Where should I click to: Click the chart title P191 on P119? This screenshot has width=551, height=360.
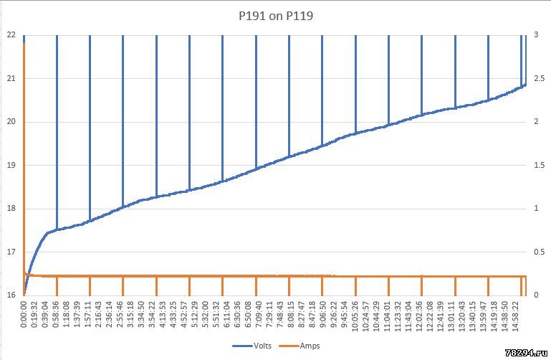pos(275,14)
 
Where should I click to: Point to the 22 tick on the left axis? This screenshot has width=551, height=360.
pos(11,34)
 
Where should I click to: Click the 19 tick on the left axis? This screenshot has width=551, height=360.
pos(11,165)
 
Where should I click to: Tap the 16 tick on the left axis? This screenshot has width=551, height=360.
pos(11,295)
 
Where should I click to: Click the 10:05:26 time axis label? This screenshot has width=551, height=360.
pos(355,316)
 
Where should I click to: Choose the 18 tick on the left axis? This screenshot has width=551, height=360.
pos(11,209)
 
